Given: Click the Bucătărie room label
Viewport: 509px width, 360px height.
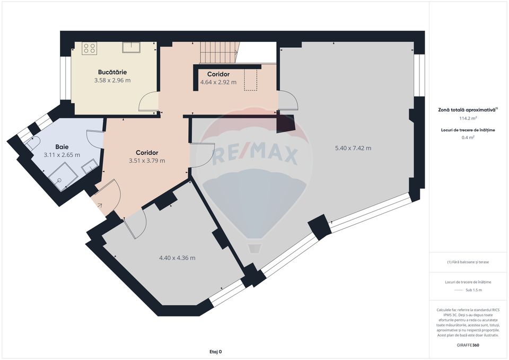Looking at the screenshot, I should pos(112,72).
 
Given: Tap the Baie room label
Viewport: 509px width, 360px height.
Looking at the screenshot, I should pos(62,146).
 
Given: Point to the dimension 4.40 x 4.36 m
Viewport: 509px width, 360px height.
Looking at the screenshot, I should pos(177,258).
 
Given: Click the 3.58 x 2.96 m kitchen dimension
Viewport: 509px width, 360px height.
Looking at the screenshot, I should pos(112,81).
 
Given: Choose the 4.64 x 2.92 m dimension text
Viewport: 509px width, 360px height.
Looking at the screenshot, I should pos(218,82).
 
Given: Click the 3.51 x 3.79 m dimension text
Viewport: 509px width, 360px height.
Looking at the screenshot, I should pos(147,161).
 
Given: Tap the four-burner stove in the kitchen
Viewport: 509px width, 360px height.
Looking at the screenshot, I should pos(89,49).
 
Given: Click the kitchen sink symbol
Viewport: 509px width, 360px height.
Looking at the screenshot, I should pos(131,47).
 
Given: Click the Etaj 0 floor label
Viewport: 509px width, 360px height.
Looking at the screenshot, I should pos(215,352).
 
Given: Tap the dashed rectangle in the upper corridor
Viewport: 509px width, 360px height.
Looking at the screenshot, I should pos(250,80).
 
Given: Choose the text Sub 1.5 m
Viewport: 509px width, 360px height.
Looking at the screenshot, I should pos(473,290).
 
